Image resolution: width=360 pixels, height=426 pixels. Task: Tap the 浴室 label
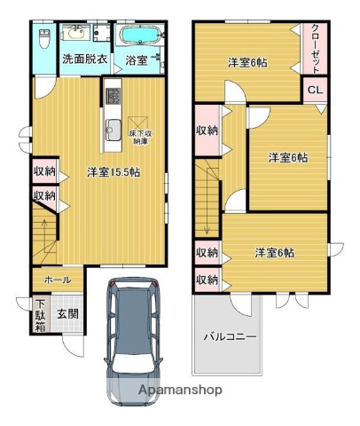pyautogui.click(x=137, y=60)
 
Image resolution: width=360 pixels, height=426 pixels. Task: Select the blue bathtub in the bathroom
pyautogui.click(x=140, y=36)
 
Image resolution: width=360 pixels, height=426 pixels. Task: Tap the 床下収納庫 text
pyautogui.click(x=139, y=138)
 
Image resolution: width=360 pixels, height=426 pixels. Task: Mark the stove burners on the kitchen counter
pyautogui.click(x=113, y=93)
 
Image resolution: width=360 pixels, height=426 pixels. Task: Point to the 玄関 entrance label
pyautogui.click(x=67, y=313)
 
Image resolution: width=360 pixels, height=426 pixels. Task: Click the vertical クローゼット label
pyautogui.click(x=316, y=49)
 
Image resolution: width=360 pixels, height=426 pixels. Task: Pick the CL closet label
pyautogui.click(x=315, y=90)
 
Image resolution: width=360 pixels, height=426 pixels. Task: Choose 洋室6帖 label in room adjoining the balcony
pyautogui.click(x=275, y=252)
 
